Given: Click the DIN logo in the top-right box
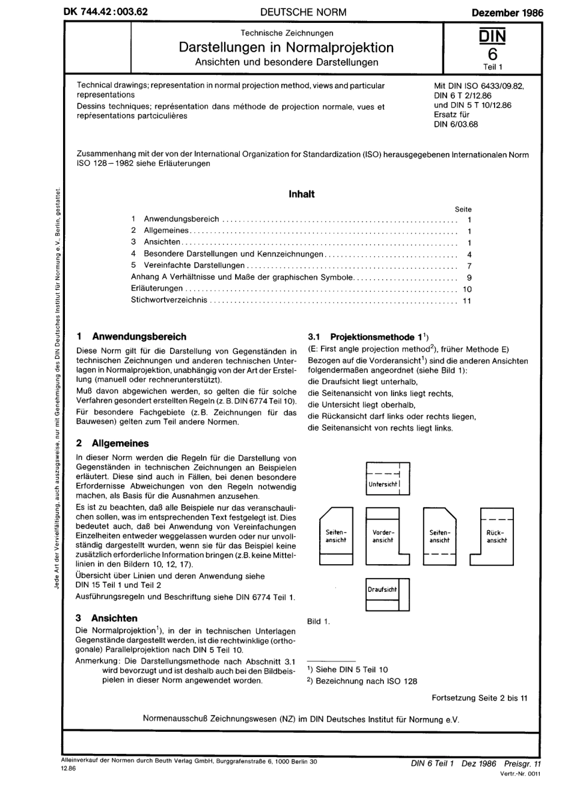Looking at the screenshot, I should click(x=492, y=37).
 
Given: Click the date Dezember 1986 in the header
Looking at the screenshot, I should click(x=507, y=11).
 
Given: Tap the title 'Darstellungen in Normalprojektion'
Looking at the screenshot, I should click(x=286, y=47).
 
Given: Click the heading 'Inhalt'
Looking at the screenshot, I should click(x=301, y=194).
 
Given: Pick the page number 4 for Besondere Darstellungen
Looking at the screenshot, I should click(x=469, y=254).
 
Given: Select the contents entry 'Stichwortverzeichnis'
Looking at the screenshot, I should click(x=169, y=300).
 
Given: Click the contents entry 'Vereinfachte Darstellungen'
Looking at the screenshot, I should click(x=194, y=265).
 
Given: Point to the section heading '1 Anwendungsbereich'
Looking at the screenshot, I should click(x=132, y=337).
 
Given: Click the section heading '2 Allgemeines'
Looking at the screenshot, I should click(x=112, y=444).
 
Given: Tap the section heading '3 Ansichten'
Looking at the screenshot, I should click(x=106, y=618).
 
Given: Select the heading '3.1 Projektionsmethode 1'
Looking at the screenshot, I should click(x=367, y=337).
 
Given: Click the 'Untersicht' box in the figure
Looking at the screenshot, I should click(x=388, y=478).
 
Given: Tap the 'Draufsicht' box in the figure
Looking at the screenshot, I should click(x=387, y=594).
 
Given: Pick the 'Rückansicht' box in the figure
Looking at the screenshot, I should click(x=496, y=536).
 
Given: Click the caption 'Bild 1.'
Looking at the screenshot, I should click(x=318, y=621).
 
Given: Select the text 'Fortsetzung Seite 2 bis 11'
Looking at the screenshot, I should click(x=479, y=698).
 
